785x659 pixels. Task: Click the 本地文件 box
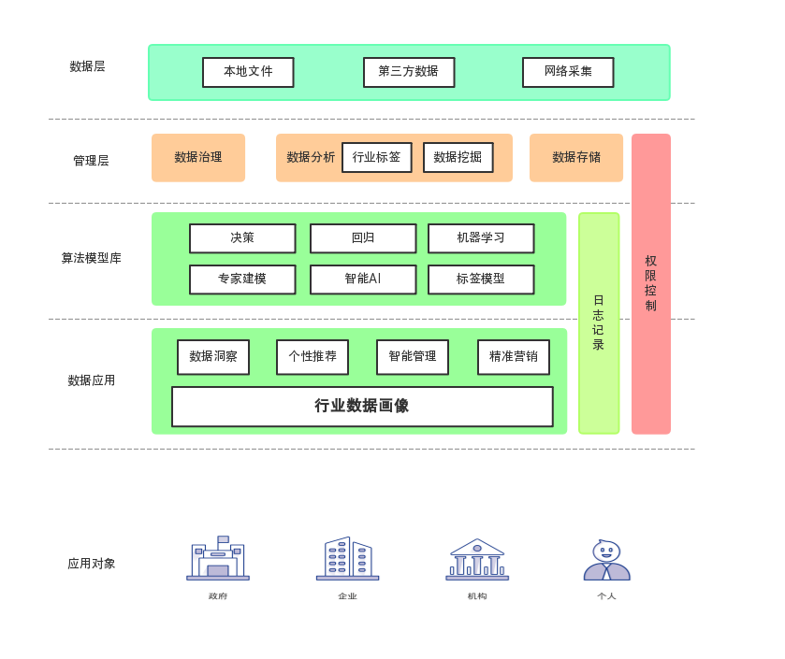[x=248, y=72]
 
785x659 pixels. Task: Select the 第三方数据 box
[x=409, y=72]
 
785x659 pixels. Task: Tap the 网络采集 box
[x=568, y=72]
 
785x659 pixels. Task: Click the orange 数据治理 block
[x=198, y=157]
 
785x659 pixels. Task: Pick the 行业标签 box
[x=376, y=157]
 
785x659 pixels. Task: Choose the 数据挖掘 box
[x=458, y=157]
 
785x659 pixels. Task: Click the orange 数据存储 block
[x=576, y=157]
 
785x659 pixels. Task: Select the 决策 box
[x=242, y=238]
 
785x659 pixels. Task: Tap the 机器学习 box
[x=481, y=238]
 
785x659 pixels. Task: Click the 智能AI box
[x=363, y=279]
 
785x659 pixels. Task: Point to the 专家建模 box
[x=242, y=279]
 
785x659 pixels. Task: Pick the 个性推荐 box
[x=313, y=357]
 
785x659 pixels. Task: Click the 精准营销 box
[x=513, y=357]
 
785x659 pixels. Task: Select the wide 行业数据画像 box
[x=362, y=406]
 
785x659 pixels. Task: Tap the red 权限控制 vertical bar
[x=651, y=283]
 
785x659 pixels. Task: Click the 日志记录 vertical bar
[x=599, y=323]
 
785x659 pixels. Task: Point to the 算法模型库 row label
[x=91, y=258]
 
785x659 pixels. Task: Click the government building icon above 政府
[x=218, y=558]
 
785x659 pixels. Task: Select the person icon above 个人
[x=607, y=560]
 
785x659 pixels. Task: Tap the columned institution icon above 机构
[x=477, y=559]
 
